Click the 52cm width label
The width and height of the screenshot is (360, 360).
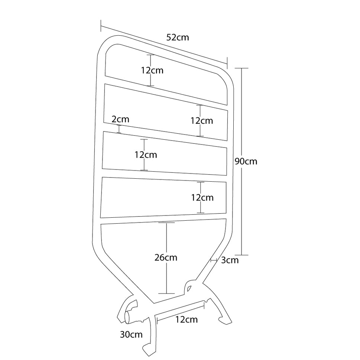click(x=178, y=38)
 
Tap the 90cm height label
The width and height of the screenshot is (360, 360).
click(x=246, y=161)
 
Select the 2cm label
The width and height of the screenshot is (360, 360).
click(x=120, y=119)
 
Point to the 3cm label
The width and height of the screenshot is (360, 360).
click(x=230, y=260)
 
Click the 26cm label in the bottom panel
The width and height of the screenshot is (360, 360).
click(x=166, y=257)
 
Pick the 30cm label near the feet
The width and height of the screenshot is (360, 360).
click(x=131, y=334)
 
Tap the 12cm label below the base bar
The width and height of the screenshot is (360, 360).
click(x=187, y=320)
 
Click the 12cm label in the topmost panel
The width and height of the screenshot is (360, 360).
click(x=152, y=70)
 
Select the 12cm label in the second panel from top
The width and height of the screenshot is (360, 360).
click(x=202, y=121)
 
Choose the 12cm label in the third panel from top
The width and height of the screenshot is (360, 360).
click(x=146, y=155)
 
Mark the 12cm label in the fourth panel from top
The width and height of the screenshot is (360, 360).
click(x=202, y=198)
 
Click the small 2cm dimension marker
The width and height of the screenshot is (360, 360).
click(x=119, y=129)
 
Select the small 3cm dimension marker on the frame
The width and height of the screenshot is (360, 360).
click(x=214, y=260)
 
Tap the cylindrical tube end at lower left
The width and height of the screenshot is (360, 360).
click(x=128, y=318)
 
